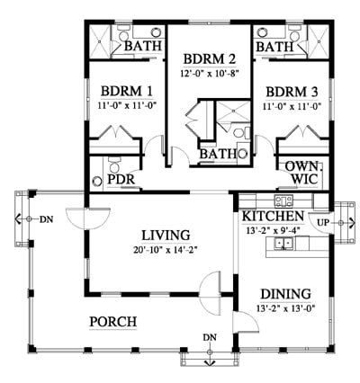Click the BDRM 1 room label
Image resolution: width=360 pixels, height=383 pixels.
127,91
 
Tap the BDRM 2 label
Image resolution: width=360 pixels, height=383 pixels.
210,59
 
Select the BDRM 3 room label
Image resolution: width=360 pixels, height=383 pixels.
292,92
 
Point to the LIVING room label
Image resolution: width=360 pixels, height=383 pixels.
166,236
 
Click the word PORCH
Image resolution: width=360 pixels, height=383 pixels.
113,322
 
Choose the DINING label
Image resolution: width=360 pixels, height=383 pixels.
285,294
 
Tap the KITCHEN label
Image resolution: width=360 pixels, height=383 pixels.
273,216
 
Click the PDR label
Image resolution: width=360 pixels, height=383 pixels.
121,180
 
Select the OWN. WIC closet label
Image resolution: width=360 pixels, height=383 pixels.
304,173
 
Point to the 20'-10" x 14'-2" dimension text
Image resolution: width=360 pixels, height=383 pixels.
166,250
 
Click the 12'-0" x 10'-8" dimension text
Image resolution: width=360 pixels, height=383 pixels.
210,74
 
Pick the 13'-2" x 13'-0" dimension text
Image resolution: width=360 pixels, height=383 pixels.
285,308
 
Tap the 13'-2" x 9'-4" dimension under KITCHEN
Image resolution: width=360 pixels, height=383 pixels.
273,230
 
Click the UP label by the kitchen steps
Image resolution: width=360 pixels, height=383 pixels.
323,223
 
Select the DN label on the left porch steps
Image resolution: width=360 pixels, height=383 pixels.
46,219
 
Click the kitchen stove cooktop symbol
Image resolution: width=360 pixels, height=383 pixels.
283,201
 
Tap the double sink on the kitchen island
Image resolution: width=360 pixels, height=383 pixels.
283,243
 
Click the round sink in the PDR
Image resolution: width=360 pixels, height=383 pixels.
97,182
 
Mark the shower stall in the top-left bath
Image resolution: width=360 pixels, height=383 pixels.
99,41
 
